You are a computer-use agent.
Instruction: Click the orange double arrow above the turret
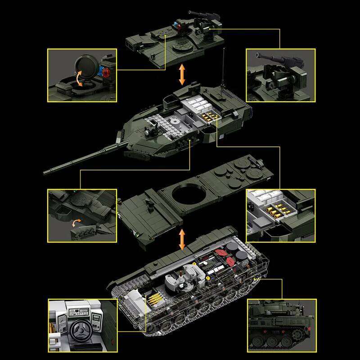click(182, 75)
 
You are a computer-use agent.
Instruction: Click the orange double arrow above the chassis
click(182, 239)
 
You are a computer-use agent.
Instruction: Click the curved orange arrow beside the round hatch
click(80, 78)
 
